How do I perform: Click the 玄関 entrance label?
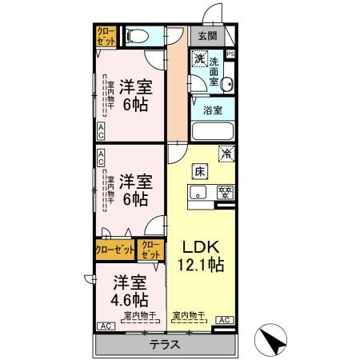[x=207, y=36]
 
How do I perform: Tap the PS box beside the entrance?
[x=230, y=54]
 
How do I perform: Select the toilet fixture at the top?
[x=137, y=36]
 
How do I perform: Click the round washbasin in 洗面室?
[x=226, y=82]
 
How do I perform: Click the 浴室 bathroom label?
[x=212, y=110]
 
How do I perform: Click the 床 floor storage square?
[x=197, y=170]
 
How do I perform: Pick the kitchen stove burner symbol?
[x=226, y=191]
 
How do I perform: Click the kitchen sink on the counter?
[x=197, y=191]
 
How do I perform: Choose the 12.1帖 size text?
[x=196, y=265]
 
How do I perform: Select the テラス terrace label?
[x=164, y=345]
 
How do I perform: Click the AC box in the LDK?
[x=225, y=321]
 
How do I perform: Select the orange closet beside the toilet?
[x=106, y=36]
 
